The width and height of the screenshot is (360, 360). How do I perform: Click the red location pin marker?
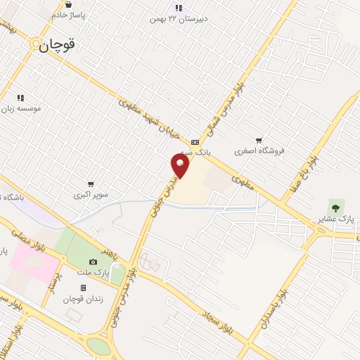click(x=181, y=166)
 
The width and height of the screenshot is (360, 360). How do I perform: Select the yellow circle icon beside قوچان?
click(x=34, y=44)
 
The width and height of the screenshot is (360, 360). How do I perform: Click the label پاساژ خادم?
click(x=69, y=14)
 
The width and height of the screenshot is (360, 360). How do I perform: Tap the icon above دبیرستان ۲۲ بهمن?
click(x=179, y=8)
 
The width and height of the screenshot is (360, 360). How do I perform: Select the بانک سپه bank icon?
click(x=195, y=141)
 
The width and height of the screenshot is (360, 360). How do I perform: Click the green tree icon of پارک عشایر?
click(x=335, y=206)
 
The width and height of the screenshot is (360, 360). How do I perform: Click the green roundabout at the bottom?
click(x=99, y=346)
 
